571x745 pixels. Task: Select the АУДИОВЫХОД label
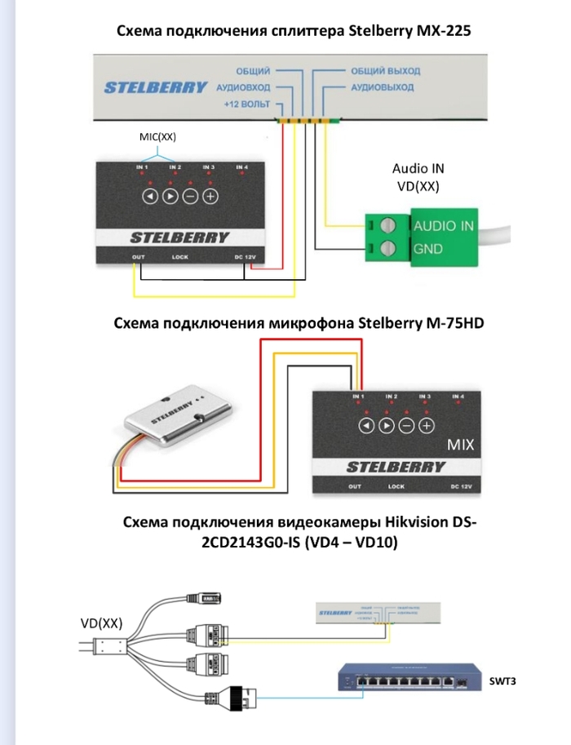coord(382,86)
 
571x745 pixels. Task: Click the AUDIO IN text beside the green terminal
coord(444,224)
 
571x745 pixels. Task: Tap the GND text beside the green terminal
coord(429,249)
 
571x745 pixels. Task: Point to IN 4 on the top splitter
coord(241,168)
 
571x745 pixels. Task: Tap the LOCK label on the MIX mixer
coord(396,486)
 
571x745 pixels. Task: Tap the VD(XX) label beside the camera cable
coord(101,623)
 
